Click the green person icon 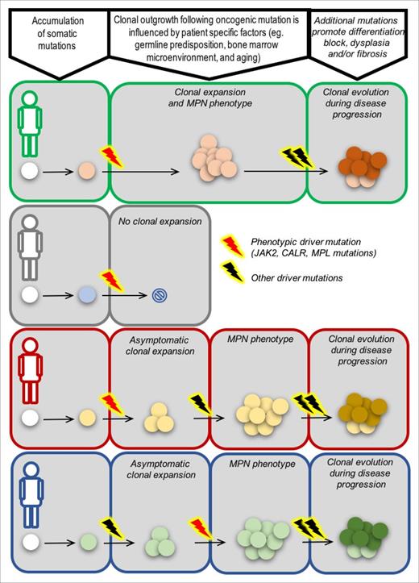[x=31, y=122]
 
